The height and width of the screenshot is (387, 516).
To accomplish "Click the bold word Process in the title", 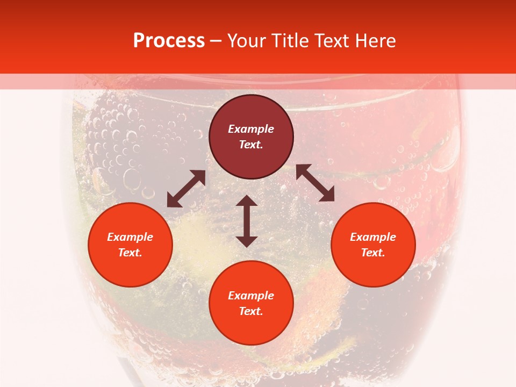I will click(x=169, y=41).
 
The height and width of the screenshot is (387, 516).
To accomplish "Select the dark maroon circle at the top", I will click(x=251, y=137).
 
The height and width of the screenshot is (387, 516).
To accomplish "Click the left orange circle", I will click(x=130, y=245).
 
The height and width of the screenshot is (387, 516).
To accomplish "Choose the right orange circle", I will click(x=373, y=245).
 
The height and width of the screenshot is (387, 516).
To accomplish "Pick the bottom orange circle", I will click(x=251, y=303).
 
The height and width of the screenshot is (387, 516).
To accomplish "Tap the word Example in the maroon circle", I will click(x=251, y=129).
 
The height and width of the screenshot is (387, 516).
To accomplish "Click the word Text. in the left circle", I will click(x=130, y=253).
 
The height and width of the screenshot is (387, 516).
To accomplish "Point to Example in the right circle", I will click(x=373, y=237).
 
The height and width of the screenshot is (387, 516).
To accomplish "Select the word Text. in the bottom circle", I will click(x=251, y=311).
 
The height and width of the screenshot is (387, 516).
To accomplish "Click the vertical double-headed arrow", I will click(x=247, y=221).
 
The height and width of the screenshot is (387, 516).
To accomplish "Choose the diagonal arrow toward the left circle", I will click(x=186, y=189).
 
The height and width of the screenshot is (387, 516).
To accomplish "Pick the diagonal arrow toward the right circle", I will click(x=315, y=183).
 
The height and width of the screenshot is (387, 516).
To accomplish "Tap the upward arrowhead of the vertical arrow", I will click(x=247, y=200).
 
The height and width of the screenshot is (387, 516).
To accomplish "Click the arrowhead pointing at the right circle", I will click(x=328, y=196).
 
